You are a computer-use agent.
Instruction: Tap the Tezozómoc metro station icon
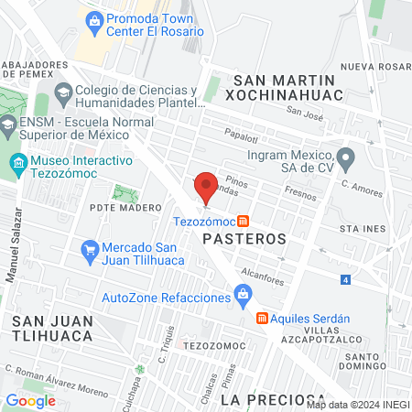243,221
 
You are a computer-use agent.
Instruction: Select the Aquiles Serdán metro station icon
262,318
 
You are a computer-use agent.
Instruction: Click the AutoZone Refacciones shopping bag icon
243,294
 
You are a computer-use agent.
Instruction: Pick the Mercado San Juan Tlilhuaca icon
90,248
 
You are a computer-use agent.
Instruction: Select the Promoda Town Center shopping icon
94,17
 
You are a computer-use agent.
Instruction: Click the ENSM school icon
7,125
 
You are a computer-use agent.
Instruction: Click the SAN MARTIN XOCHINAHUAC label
287,88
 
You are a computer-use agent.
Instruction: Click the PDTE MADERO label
125,207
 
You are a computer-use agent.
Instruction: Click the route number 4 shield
345,278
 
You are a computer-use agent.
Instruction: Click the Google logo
30,400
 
